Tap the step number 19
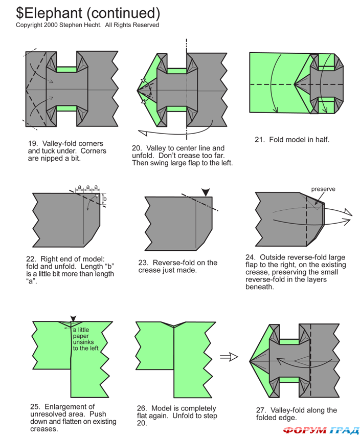coord(33,144)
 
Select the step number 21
coord(259,139)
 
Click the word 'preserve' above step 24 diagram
coord(323,189)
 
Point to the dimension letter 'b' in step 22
coord(105,199)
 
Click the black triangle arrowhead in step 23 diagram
coord(206,192)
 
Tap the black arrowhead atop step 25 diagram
coord(73,318)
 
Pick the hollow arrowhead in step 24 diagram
coord(348,211)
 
